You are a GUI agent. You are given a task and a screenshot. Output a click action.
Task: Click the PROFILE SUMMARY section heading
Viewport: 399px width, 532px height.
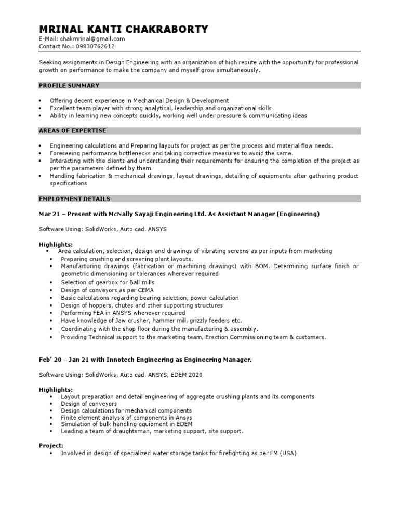tap(70, 85)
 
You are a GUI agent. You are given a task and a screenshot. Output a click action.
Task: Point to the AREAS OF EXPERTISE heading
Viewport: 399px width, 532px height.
tap(73, 131)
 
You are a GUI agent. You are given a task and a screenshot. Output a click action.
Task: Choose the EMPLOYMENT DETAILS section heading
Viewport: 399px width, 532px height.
tap(75, 199)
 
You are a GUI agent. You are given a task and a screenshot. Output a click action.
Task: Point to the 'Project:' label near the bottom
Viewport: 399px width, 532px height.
tap(51, 445)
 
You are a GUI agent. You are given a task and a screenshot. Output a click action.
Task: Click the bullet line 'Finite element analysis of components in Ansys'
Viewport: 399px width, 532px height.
tap(126, 417)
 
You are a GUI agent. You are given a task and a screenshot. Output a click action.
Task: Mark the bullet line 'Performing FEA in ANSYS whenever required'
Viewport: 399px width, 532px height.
tap(123, 313)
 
